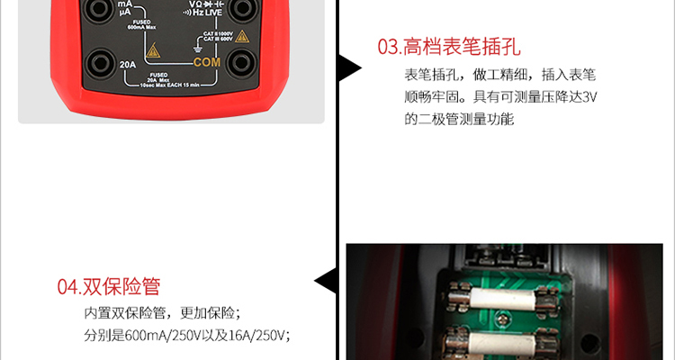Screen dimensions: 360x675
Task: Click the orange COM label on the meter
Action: (x=206, y=63)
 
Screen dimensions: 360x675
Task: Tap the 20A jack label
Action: (x=128, y=64)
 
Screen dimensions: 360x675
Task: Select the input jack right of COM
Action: (x=241, y=64)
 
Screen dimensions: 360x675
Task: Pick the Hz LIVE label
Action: (x=208, y=14)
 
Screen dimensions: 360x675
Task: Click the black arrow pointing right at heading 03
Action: (x=349, y=68)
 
